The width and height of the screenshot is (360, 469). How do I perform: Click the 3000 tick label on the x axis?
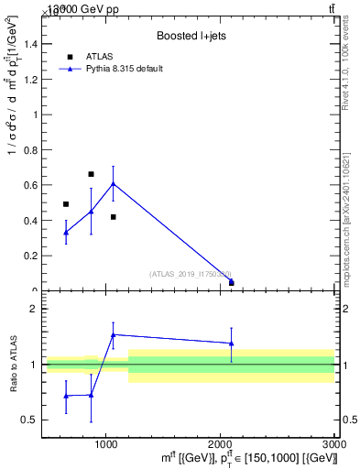333,442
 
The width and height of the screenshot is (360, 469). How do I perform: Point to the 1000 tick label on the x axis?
106,442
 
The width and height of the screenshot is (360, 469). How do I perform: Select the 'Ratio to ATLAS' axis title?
15,365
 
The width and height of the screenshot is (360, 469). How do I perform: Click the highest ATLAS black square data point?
91,174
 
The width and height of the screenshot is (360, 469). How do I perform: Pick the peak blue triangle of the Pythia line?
113,184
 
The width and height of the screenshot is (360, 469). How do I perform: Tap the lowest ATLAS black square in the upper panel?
231,283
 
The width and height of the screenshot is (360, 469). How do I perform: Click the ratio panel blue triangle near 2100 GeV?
231,344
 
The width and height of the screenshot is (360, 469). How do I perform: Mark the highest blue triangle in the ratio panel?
113,335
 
